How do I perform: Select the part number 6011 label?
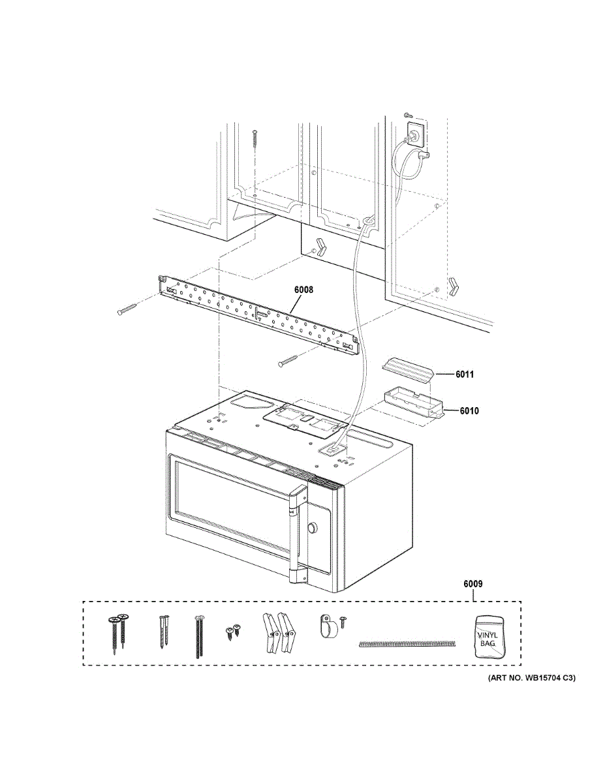click(465, 375)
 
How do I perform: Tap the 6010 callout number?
click(469, 411)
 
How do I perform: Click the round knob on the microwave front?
click(312, 527)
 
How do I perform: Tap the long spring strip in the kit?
click(406, 644)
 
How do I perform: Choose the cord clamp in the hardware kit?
click(326, 626)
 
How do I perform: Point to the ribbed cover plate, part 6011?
click(408, 369)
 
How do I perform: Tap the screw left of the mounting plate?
click(128, 309)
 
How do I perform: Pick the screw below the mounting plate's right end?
click(288, 360)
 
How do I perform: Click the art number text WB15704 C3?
click(531, 679)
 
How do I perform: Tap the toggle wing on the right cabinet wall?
click(454, 284)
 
